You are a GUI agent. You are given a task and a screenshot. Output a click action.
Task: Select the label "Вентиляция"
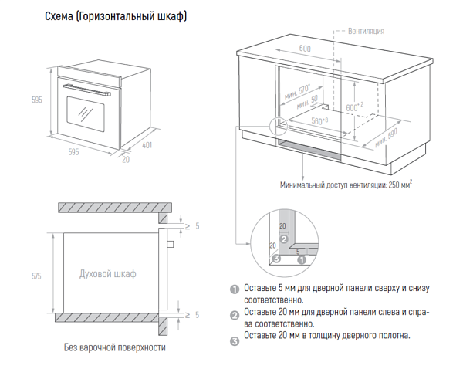click(x=366, y=32)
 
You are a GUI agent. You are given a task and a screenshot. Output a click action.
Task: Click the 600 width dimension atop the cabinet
click(x=305, y=49)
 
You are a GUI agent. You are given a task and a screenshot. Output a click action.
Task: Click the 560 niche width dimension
click(x=319, y=121)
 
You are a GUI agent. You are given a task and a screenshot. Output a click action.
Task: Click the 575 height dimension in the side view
click(x=35, y=275)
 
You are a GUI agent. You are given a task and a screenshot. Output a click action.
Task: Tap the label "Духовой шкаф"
click(x=108, y=274)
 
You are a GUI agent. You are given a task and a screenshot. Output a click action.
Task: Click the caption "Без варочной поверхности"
click(x=114, y=347)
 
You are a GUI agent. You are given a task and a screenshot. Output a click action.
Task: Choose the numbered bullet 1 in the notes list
click(x=235, y=289)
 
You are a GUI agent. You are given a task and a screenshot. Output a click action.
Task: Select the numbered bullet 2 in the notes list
click(x=235, y=314)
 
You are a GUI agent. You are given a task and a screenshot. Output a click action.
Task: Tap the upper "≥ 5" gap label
click(x=193, y=225)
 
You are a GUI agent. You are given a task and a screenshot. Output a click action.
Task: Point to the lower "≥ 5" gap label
click(x=193, y=315)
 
